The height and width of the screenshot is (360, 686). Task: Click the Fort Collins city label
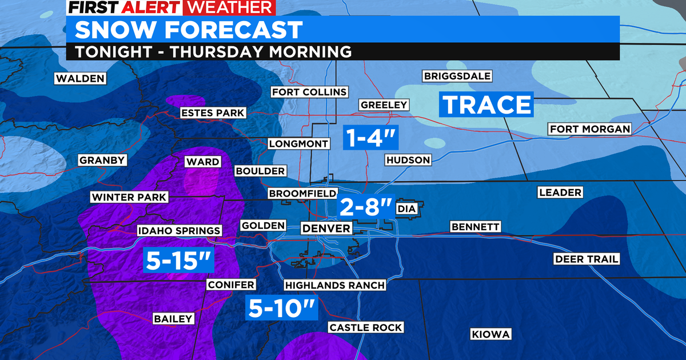tap(309, 92)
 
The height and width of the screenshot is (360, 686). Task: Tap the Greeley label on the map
tap(384, 105)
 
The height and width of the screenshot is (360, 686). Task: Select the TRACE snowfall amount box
tap(486, 105)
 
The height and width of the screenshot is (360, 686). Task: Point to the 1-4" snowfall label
tap(370, 138)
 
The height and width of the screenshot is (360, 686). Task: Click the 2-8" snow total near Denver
tap(366, 206)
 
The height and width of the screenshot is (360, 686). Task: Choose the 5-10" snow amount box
tap(282, 309)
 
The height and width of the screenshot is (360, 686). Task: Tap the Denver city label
tap(325, 229)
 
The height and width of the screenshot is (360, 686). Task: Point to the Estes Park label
tap(213, 113)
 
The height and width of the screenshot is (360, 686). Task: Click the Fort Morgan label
tap(590, 129)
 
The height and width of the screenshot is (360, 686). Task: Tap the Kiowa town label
tap(490, 334)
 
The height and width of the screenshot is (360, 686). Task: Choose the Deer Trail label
tap(587, 259)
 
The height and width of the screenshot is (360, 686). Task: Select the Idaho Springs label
tap(179, 231)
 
